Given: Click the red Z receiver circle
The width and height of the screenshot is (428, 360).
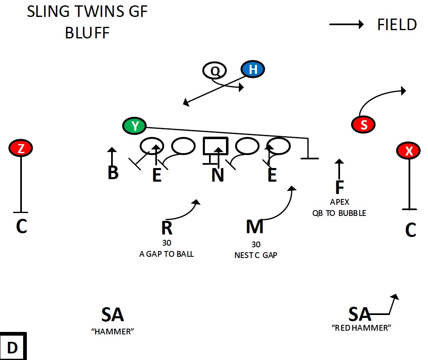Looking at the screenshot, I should pos(21,148).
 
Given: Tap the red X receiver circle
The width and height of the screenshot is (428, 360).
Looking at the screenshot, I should pos(409,151).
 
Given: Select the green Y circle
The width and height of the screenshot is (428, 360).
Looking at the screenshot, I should pos(135,126).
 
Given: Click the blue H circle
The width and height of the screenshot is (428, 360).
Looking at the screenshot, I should pos(253,70).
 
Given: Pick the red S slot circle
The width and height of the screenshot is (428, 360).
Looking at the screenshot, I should pos(363,125).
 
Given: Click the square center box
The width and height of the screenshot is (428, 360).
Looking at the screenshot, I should pos(215,146).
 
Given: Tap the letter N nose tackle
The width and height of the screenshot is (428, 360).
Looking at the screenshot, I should pos(217,175).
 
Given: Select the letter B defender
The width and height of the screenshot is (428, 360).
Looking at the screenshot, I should pos(113,173).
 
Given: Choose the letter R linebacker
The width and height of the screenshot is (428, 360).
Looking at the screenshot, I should pos(166,227).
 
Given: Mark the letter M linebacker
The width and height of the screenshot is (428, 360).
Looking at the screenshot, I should pos(254,227).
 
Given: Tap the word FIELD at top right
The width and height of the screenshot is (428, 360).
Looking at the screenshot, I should pos(397,25).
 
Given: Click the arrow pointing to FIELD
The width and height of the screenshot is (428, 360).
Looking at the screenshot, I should pos(346,24).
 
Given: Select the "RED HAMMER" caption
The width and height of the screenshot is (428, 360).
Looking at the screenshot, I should pos(361,328).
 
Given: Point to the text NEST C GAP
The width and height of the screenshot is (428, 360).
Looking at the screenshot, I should pos(256,255).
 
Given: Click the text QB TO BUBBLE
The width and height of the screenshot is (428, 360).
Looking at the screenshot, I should pos(339,213).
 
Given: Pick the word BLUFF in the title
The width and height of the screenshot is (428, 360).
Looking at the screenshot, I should pos(87,33).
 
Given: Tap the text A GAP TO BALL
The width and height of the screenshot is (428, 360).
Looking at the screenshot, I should pos(166,254).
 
